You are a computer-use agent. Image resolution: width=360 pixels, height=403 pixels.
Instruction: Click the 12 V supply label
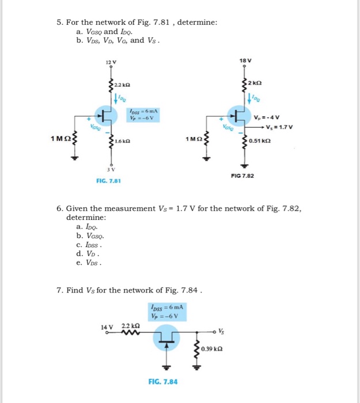pos(111,62)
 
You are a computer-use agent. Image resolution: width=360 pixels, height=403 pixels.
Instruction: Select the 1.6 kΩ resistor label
pos(122,140)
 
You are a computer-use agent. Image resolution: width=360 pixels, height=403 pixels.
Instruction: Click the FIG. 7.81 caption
pos(108,181)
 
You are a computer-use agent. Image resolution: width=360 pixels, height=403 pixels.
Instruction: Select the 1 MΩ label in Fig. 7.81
pos(60,139)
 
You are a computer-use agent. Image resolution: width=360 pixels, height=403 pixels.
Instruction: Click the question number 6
pos(59,208)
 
